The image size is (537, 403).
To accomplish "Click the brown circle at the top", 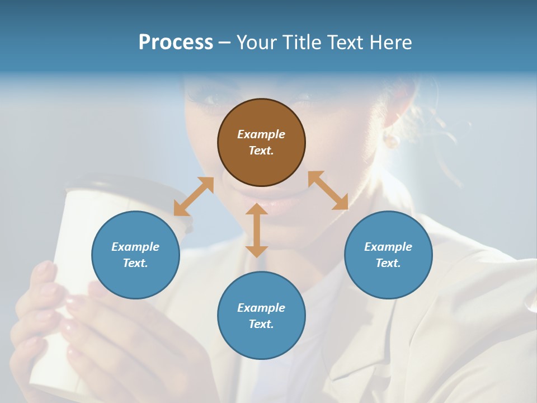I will [261, 142].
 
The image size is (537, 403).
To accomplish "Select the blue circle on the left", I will [135, 255].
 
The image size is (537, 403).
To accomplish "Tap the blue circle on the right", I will [388, 255].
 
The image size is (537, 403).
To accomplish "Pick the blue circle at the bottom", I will [261, 316].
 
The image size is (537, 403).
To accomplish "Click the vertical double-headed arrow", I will [257, 230].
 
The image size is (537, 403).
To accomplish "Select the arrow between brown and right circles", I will [328, 190].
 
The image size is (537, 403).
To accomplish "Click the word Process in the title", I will [176, 42].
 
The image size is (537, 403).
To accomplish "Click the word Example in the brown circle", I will [261, 134].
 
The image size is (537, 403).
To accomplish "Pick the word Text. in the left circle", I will [135, 263].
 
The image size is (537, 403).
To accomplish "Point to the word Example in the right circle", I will [388, 247].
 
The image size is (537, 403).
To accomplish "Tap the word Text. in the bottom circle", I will [261, 324].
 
